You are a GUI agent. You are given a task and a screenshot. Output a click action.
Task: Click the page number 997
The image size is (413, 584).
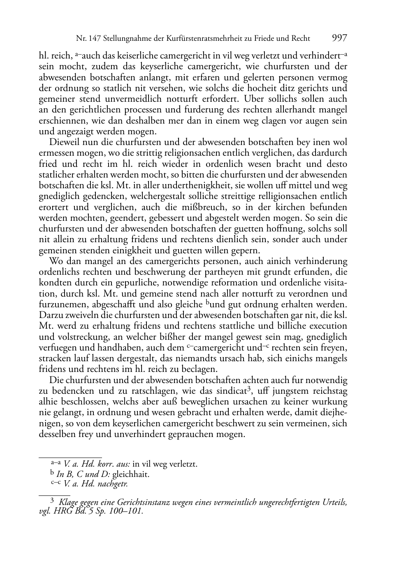point(339,38)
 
